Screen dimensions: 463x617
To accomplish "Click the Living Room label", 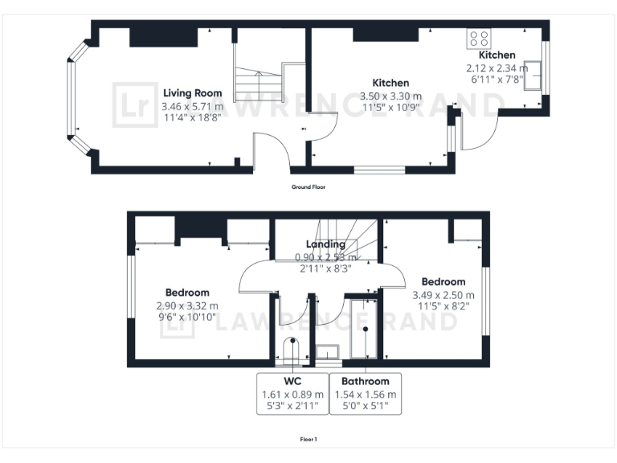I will pos(192,93).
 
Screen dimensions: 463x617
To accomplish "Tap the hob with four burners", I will pos(480,39).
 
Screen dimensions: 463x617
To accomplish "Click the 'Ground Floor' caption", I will pos(308,186).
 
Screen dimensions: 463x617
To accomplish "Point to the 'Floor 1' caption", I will pos(308,440).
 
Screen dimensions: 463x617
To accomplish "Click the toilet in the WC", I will pos(291,353).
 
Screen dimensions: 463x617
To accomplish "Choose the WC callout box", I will pos(292,393).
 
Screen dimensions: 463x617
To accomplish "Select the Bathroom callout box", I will pos(365,393).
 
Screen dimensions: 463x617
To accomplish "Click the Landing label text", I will pos(325,244).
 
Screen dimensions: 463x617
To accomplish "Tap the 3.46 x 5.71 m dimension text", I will pos(192,106).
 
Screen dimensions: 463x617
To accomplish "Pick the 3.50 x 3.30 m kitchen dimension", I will pos(390,95).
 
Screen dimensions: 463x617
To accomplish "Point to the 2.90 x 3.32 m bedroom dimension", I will pos(187,305).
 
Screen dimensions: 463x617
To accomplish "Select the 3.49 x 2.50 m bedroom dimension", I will pos(443,294).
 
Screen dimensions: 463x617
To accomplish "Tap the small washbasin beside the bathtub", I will pos(328,352).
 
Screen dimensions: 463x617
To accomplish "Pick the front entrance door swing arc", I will pos(272,146).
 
